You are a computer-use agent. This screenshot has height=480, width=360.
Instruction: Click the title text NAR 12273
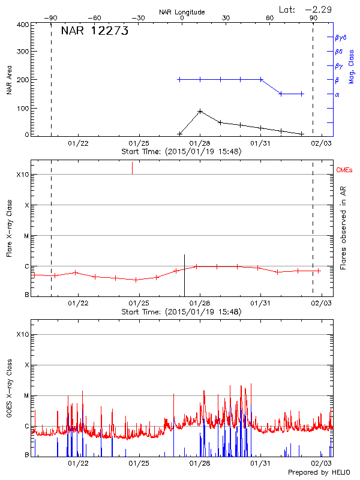point(95,32)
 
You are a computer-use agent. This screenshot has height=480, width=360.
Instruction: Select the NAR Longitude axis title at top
point(182,12)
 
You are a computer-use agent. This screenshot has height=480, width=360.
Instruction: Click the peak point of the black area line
point(200,111)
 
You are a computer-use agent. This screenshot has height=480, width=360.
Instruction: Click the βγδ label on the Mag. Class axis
point(340,37)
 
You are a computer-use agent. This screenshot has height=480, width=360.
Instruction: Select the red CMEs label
point(345,170)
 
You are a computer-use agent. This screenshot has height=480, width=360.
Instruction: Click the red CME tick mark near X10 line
point(132,168)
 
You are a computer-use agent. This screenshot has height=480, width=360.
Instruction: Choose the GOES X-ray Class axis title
point(9,393)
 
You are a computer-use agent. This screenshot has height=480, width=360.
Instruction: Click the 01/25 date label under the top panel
point(139,143)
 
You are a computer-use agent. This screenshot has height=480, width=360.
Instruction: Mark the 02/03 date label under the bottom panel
point(322,463)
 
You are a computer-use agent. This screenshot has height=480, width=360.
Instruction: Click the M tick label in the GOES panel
point(26,396)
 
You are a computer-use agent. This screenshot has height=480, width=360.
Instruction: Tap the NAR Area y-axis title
point(9,80)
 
